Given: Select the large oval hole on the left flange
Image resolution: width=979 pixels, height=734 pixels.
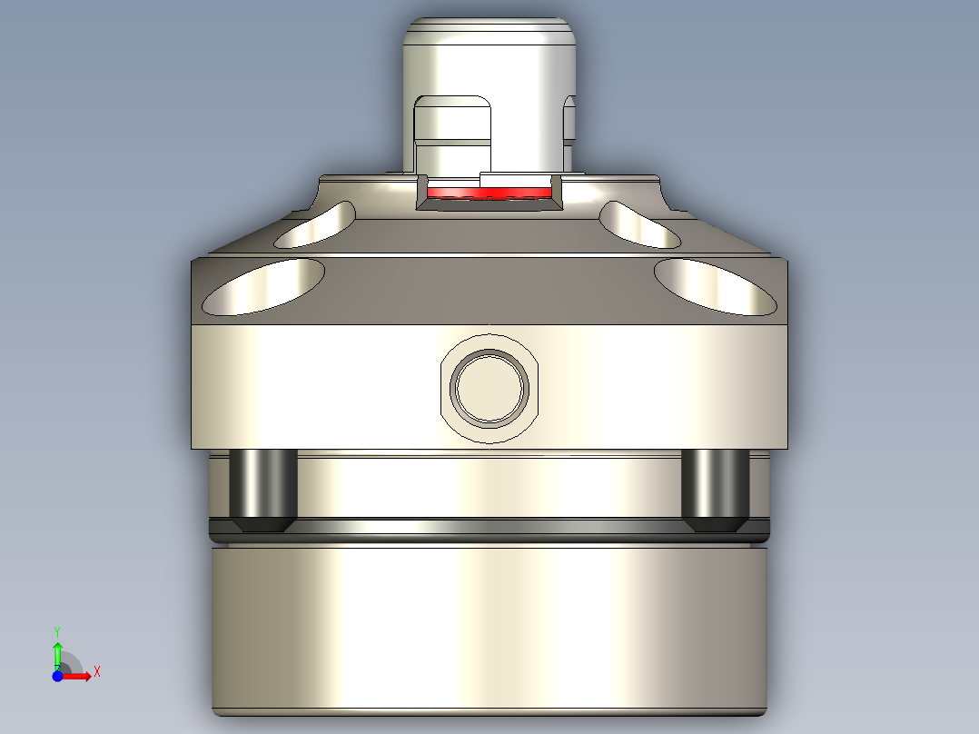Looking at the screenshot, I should click(x=263, y=287).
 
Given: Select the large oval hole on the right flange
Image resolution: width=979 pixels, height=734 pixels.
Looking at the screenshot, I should click(x=718, y=287).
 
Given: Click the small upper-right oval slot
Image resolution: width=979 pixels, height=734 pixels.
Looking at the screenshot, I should click(x=640, y=225).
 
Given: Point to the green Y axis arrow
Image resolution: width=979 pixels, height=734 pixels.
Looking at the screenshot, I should click(x=57, y=651).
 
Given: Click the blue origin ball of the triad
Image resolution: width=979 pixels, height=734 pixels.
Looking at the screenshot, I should click(x=58, y=675).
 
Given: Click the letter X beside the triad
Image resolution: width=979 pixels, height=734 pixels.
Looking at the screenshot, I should click(x=97, y=671).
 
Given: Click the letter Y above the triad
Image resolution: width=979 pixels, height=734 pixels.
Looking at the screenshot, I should click(x=57, y=630).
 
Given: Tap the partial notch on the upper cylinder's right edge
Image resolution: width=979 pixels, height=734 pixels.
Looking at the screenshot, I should click(x=570, y=118).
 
